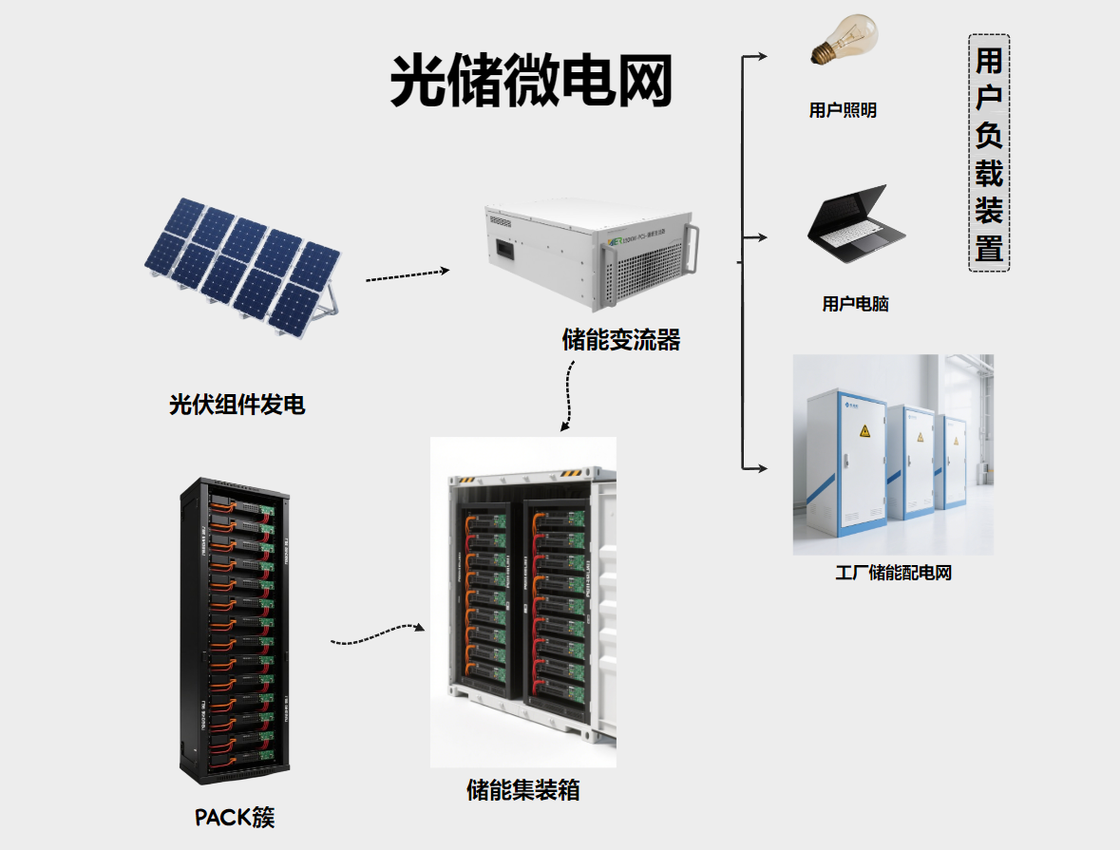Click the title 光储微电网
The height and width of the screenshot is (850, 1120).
tap(530, 81)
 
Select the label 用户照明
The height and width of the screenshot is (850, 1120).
tap(843, 110)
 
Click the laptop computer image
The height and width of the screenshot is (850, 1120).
tap(856, 222)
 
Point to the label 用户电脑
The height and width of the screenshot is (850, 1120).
tap(855, 304)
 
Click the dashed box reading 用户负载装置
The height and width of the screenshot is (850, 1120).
tap(989, 153)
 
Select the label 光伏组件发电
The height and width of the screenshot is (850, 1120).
tap(237, 405)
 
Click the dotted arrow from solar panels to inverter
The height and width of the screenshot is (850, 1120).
tap(407, 276)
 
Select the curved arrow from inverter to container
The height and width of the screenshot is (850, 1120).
tap(568, 398)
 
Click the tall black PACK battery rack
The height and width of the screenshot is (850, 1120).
tap(237, 628)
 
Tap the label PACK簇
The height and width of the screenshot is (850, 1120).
tap(235, 817)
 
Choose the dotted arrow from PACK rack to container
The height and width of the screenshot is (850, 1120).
tap(378, 633)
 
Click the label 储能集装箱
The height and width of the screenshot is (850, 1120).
tap(523, 789)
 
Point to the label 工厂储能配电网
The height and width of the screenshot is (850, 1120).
tap(893, 573)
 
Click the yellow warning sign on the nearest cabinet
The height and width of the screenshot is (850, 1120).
tap(864, 432)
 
